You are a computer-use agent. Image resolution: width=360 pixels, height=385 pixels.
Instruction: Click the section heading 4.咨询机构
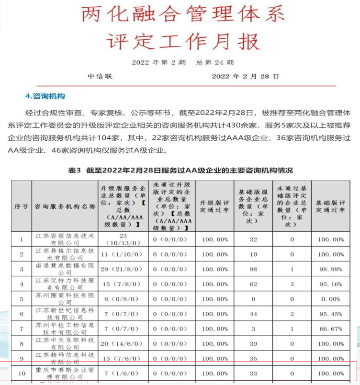point(45,96)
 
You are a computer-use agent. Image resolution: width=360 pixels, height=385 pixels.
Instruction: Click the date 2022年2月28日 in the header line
point(245,76)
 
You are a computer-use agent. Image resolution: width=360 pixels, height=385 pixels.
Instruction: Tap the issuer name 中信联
point(100,76)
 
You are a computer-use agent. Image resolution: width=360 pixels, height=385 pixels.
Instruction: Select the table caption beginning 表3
point(181,170)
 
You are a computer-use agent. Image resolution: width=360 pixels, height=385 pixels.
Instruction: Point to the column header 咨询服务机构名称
point(65,206)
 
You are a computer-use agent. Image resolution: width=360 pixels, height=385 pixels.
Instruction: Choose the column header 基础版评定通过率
point(330,206)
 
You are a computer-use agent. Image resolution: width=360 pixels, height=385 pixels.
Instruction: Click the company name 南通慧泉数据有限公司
point(65,269)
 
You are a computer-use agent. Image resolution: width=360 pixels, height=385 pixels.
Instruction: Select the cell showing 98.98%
point(330,269)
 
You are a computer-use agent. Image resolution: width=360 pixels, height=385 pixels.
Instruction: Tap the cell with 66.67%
point(330,329)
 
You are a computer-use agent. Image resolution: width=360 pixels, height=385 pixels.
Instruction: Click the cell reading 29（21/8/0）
point(123,269)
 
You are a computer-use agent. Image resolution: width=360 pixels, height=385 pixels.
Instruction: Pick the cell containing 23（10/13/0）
point(123,239)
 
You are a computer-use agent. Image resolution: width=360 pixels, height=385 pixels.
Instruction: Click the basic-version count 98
point(253,269)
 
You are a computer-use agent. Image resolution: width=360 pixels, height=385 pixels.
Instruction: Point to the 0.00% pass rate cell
point(330,299)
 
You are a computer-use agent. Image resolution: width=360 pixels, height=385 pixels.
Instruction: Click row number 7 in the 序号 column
point(21,329)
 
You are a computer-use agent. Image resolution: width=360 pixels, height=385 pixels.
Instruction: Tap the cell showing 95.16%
point(330,284)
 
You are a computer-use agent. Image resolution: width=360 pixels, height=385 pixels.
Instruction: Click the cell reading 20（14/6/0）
point(123,344)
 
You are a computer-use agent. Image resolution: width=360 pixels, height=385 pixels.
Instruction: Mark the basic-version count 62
point(253,284)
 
